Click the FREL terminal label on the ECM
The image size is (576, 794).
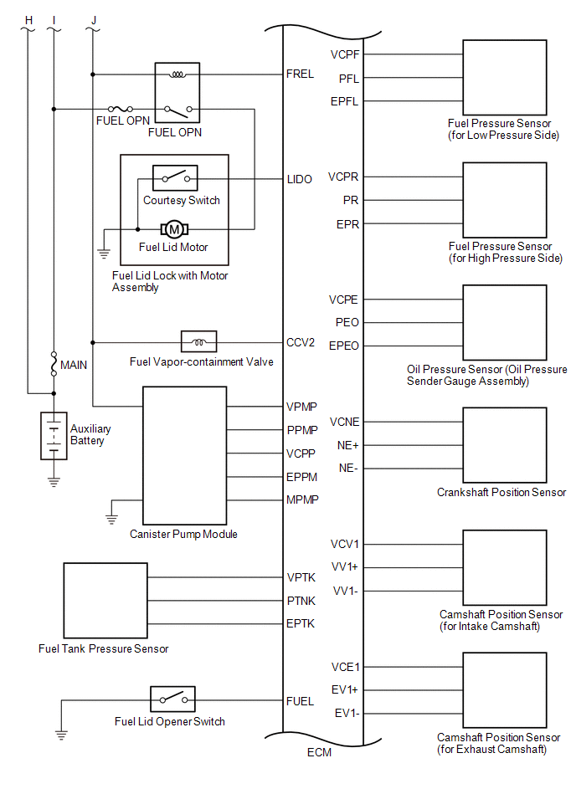click(x=300, y=74)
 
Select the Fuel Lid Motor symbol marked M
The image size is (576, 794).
click(x=174, y=229)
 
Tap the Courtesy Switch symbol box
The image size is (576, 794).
click(x=175, y=177)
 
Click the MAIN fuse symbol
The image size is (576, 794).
click(x=54, y=364)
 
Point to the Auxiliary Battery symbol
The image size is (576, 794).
click(x=54, y=436)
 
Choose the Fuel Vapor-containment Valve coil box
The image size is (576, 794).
click(x=198, y=342)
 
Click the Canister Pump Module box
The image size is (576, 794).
click(x=184, y=456)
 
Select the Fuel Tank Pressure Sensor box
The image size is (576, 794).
click(x=105, y=601)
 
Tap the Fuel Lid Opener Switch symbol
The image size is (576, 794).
click(x=172, y=699)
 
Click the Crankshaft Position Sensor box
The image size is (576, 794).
click(x=505, y=445)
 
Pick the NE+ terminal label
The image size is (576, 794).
click(x=348, y=446)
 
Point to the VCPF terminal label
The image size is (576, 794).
click(x=345, y=54)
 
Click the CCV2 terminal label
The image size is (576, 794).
click(x=301, y=343)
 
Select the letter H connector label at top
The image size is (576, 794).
click(x=28, y=20)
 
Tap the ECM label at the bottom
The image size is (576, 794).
click(x=319, y=752)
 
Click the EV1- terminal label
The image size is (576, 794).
click(x=347, y=714)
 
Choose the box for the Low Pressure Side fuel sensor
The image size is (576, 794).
click(x=505, y=78)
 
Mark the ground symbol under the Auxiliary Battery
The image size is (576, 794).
click(x=54, y=481)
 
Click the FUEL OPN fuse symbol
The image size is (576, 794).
click(x=121, y=109)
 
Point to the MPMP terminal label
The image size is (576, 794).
click(x=302, y=499)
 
